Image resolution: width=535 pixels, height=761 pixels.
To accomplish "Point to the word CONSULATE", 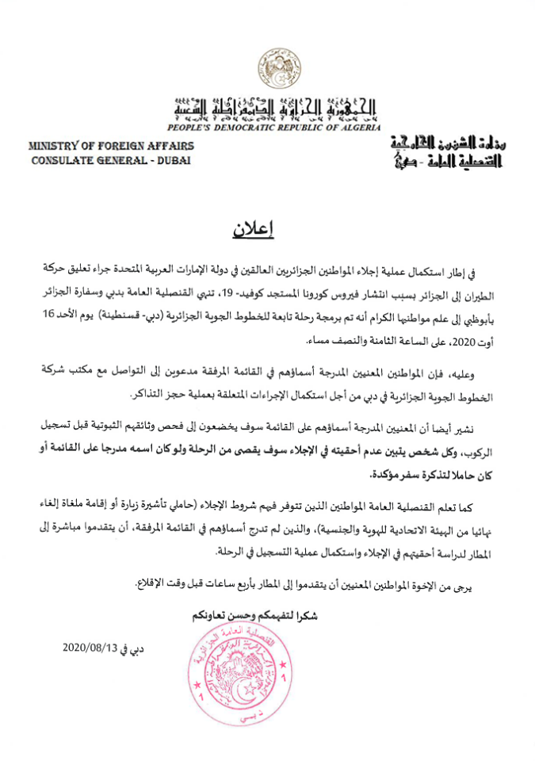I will [x=63, y=159].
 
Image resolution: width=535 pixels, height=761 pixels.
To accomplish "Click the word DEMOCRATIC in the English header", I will [x=249, y=127].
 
